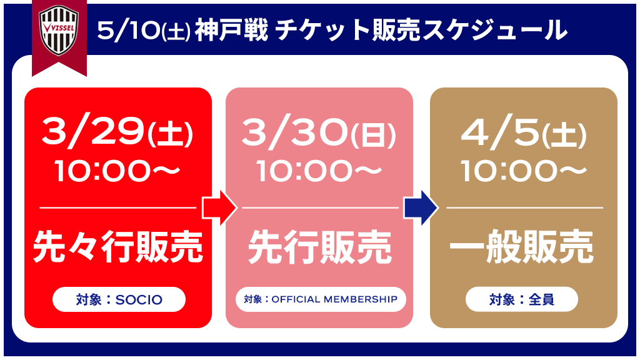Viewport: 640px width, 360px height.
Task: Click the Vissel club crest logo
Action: click(x=59, y=30)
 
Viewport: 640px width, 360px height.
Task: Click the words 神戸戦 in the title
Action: click(x=231, y=30)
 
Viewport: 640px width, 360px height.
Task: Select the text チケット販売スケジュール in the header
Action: click(x=421, y=30)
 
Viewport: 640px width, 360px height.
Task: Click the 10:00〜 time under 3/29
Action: click(x=117, y=170)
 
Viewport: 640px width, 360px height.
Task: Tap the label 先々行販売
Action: click(x=117, y=246)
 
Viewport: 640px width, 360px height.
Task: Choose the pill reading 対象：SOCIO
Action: click(x=119, y=299)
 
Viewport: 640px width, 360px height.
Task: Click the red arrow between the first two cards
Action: click(x=219, y=207)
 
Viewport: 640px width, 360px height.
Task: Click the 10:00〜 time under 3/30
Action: click(x=319, y=170)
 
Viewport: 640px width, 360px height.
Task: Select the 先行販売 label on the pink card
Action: click(x=319, y=246)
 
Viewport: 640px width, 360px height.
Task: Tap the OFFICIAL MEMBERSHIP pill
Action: click(x=321, y=299)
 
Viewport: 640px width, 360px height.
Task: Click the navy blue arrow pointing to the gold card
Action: click(x=421, y=207)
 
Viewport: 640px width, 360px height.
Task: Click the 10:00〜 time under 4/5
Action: click(x=524, y=170)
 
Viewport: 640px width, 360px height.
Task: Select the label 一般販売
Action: click(x=522, y=246)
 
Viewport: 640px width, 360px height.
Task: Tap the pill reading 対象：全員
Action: click(x=522, y=299)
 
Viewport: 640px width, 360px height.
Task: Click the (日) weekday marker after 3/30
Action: click(x=373, y=135)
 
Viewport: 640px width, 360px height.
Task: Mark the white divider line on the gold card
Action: click(x=524, y=207)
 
